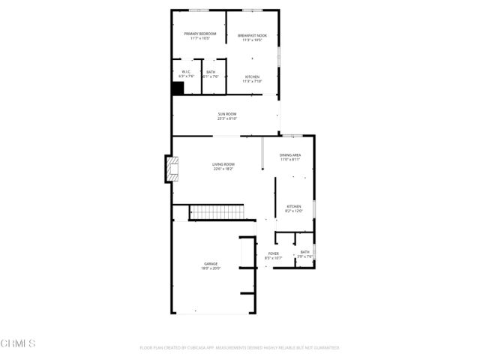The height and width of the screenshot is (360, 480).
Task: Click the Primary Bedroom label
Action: pos(200,34)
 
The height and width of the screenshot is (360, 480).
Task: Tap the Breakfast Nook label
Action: pos(252,34)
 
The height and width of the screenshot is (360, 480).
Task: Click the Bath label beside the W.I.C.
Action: pos(211,72)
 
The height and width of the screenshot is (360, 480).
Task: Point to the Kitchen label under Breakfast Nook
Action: pos(252,76)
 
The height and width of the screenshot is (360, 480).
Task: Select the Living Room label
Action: pos(223,164)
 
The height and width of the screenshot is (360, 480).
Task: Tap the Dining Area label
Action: pos(291,154)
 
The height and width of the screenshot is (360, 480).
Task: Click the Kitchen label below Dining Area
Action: pos(293,206)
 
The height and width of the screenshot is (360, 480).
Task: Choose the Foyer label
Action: pos(274,253)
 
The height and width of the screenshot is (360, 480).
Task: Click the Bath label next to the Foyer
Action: pos(304,252)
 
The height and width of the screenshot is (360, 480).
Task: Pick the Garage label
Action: pos(211,263)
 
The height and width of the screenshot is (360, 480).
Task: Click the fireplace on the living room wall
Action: pos(172,169)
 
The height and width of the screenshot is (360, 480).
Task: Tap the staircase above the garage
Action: pos(217,213)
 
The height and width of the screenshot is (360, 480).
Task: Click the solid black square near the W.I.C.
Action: pos(178,88)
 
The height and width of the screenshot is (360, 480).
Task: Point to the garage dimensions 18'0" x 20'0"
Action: pos(211,268)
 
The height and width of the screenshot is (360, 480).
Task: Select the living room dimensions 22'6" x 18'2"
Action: pos(223,169)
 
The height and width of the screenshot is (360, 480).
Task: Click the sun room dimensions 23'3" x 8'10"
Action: pos(227,118)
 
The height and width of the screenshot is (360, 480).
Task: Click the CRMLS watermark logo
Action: pos(18,343)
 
